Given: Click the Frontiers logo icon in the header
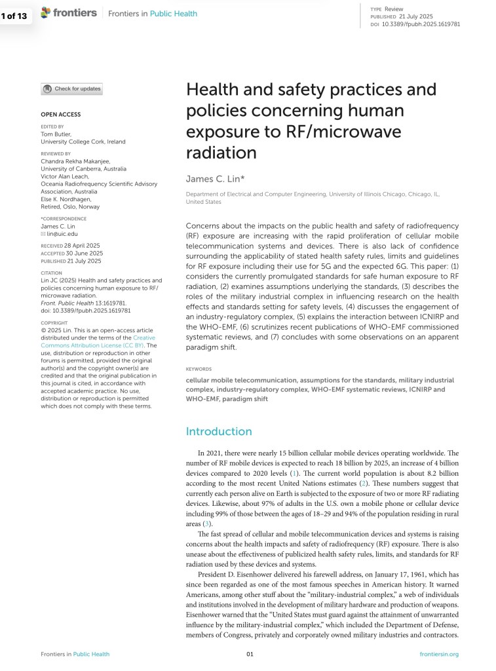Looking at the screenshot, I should (x=45, y=12).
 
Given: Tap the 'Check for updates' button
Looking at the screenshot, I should (x=71, y=89).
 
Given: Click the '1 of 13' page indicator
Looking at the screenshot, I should (x=14, y=16).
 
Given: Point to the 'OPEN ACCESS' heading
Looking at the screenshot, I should (x=60, y=115).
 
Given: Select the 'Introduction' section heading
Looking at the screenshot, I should (x=219, y=431).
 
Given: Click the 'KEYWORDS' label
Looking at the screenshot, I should (x=199, y=369).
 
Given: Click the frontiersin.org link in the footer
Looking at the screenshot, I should (x=438, y=654).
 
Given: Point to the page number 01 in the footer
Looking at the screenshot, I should (x=250, y=654).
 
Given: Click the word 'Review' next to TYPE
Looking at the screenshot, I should (x=394, y=9).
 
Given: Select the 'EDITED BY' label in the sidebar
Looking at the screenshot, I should (x=52, y=126).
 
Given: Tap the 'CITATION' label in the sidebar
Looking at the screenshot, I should (x=51, y=273).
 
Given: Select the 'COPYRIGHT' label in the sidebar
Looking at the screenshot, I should (x=54, y=323).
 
